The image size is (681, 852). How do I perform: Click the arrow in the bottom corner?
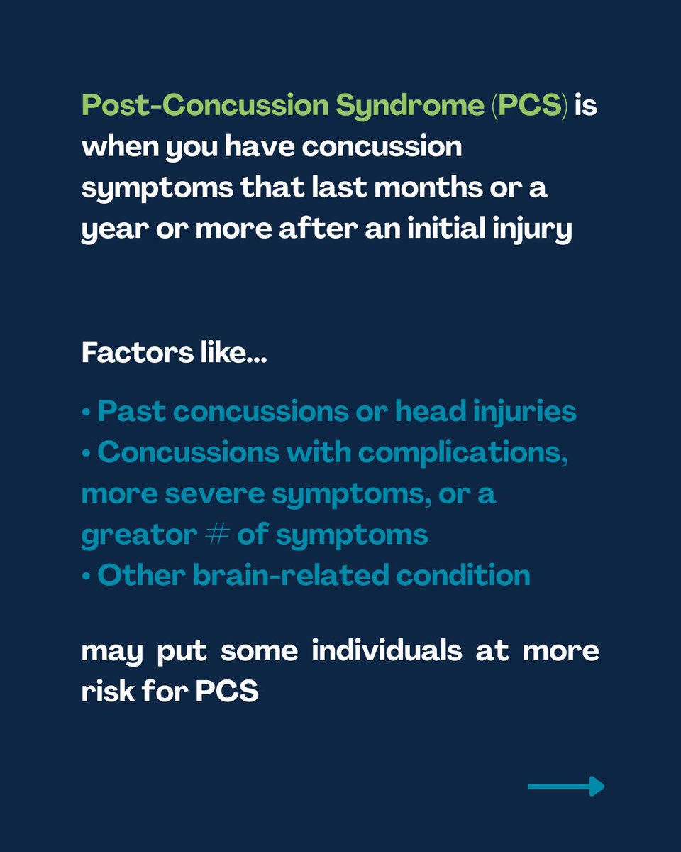coord(566,786)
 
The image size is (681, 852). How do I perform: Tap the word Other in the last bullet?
coord(134,574)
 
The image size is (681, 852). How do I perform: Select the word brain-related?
coord(284,574)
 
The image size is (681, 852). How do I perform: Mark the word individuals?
coord(387,652)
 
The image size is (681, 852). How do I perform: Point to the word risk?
coord(106,692)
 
